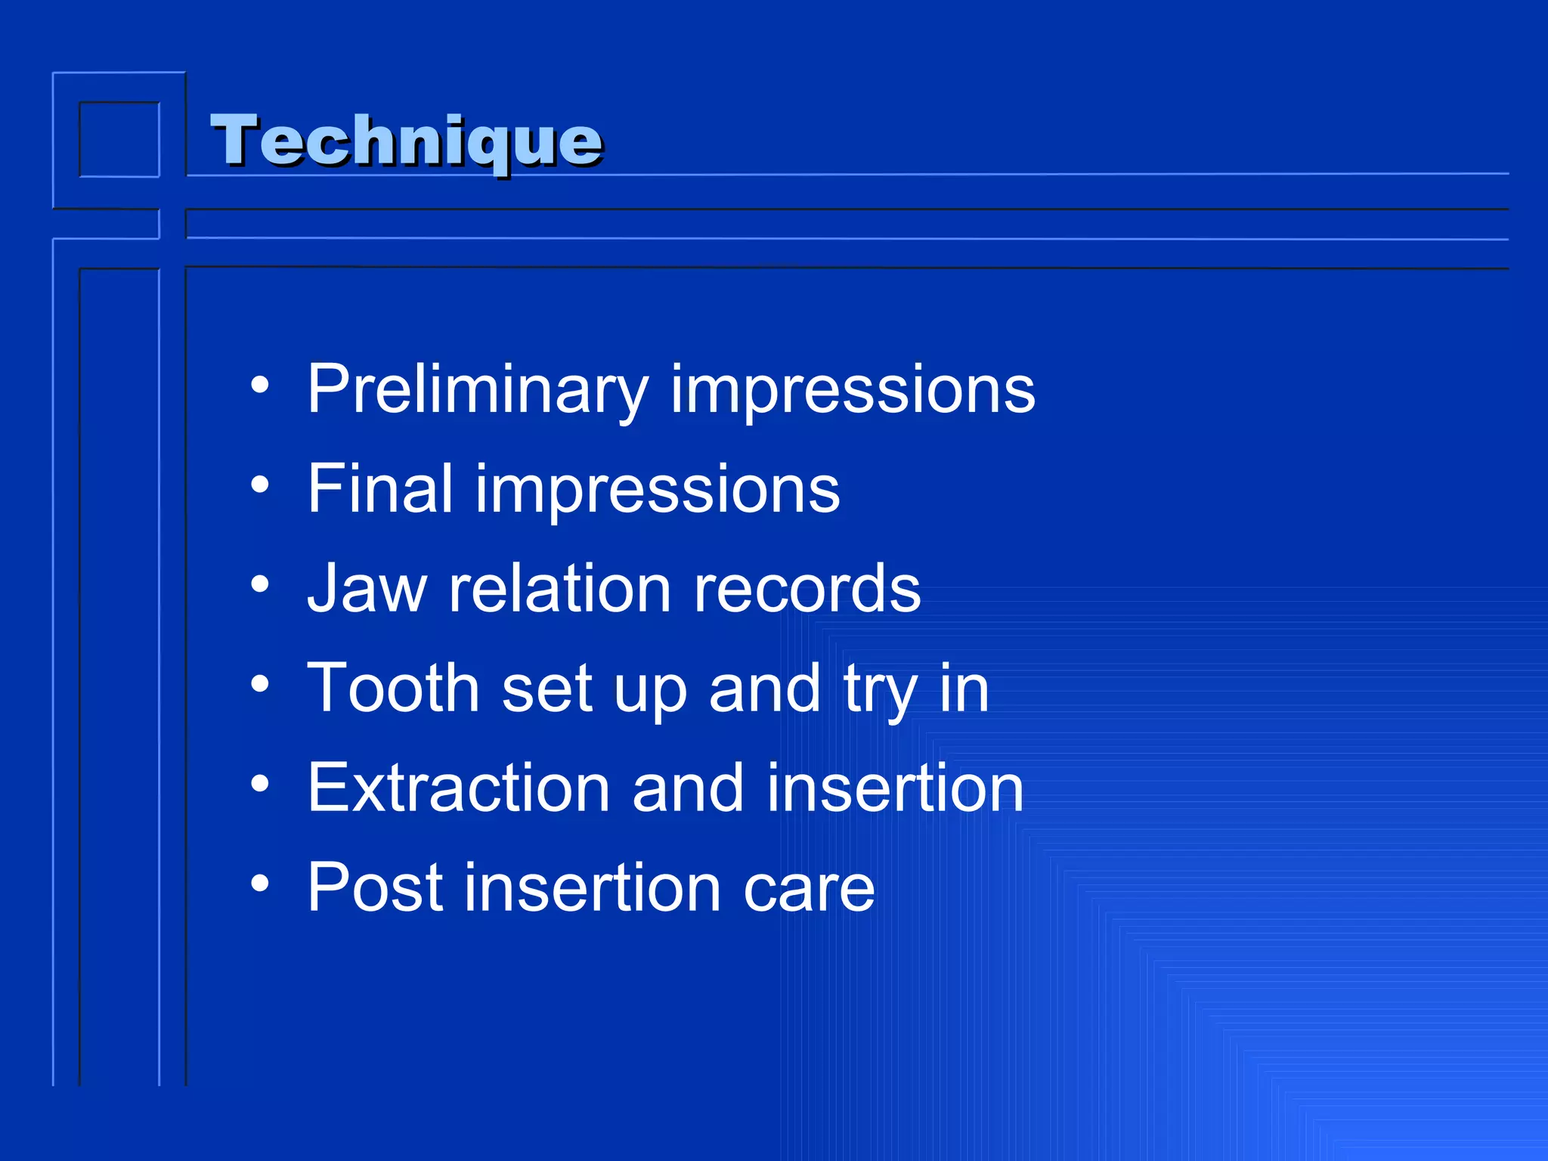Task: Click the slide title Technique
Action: (406, 141)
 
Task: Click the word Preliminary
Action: (477, 389)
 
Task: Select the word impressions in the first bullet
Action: (852, 391)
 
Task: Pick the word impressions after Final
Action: (657, 491)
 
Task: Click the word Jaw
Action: (367, 588)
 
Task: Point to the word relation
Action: (559, 588)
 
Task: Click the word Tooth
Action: (392, 688)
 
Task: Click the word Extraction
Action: (458, 788)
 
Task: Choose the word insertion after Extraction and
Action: (895, 788)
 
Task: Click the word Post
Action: (374, 887)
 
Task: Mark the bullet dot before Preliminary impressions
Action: (260, 385)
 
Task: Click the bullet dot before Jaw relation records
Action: (260, 584)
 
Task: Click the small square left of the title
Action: (119, 140)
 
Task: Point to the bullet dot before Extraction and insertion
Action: (260, 784)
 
